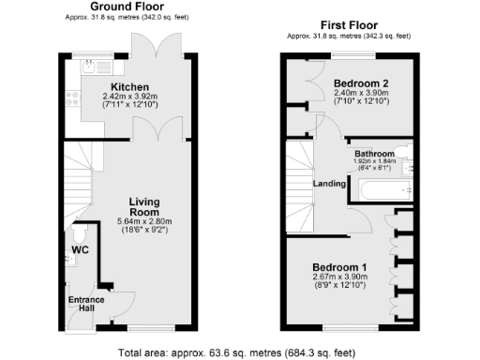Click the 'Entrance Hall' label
click(86, 306)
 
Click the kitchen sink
click(89, 67)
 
